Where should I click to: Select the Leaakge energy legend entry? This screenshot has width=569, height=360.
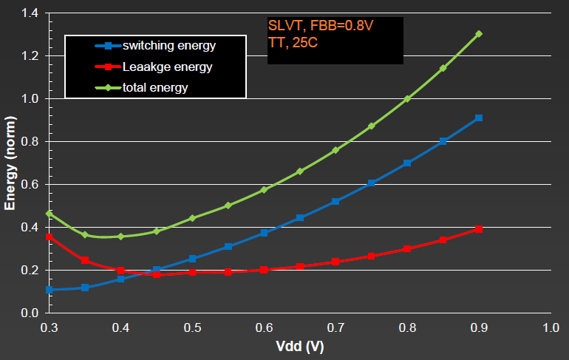pos(167,67)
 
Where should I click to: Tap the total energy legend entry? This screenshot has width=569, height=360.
pos(155,88)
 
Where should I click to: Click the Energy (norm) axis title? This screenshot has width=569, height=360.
pos(10,163)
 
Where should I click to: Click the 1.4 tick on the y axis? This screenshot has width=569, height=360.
pos(29,13)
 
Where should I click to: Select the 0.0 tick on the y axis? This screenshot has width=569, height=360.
pos(29,313)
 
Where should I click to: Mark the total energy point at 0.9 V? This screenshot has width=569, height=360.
pos(479,33)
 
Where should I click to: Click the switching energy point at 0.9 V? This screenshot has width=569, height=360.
pos(479,118)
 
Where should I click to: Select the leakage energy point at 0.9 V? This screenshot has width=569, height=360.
pos(479,229)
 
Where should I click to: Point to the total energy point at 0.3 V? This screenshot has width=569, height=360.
pos(50,214)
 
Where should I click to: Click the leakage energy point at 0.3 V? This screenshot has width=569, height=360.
pos(50,237)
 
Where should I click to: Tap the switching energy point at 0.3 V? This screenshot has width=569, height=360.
pos(50,290)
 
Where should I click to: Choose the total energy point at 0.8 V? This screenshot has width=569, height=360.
pos(407,98)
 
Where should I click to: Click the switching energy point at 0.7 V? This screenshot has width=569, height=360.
pos(335,201)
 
